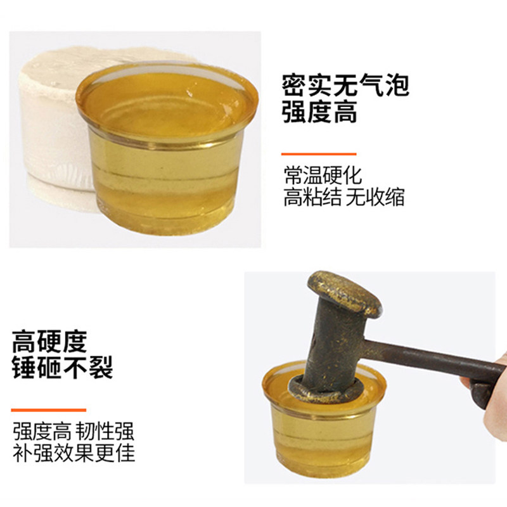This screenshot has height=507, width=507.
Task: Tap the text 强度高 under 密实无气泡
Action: [x=319, y=113]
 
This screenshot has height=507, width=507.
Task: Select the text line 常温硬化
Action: [x=323, y=176]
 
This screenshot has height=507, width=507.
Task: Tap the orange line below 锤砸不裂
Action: [x=48, y=410]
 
